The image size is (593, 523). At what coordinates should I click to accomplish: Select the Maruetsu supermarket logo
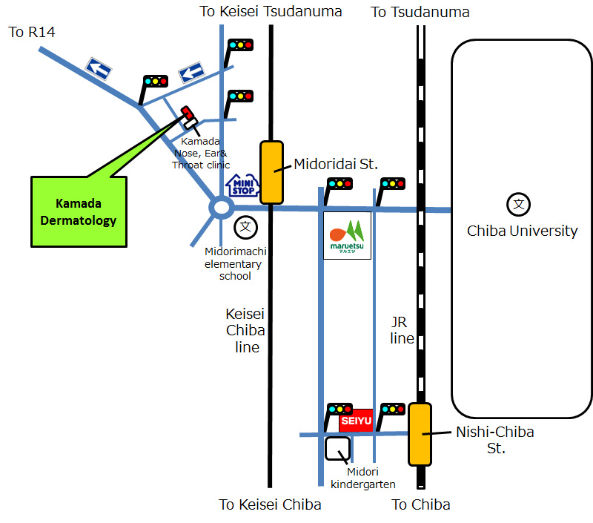tap(347, 236)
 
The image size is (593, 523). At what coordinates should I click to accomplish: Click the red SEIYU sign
tap(356, 421)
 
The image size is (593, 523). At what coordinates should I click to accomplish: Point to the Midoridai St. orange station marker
tap(271, 171)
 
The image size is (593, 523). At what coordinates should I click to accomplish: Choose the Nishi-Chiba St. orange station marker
tap(420, 434)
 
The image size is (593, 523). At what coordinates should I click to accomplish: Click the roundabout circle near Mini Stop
tap(221, 208)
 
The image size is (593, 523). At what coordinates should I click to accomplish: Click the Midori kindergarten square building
tap(338, 449)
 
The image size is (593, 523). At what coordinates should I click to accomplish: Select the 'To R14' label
tap(32, 32)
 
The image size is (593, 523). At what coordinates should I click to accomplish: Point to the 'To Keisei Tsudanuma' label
tap(271, 11)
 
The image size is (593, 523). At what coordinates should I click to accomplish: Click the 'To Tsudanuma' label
tap(420, 12)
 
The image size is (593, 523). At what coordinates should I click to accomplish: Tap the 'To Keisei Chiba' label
tap(271, 504)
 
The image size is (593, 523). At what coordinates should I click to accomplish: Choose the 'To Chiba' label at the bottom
tap(420, 504)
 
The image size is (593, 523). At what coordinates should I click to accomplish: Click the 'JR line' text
tap(402, 330)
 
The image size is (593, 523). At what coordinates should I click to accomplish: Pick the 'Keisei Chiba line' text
tap(246, 330)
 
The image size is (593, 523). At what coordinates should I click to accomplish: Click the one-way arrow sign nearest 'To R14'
tap(99, 70)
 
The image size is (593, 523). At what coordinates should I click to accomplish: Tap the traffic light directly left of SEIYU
tap(339, 409)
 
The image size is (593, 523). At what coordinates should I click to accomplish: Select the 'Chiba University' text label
tap(522, 231)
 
